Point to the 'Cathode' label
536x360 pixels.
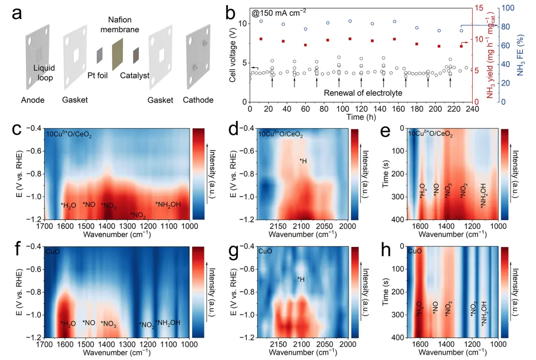(198, 100)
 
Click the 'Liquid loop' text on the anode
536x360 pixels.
(43, 72)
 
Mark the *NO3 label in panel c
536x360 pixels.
(108, 205)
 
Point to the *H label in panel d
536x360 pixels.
(304, 161)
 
